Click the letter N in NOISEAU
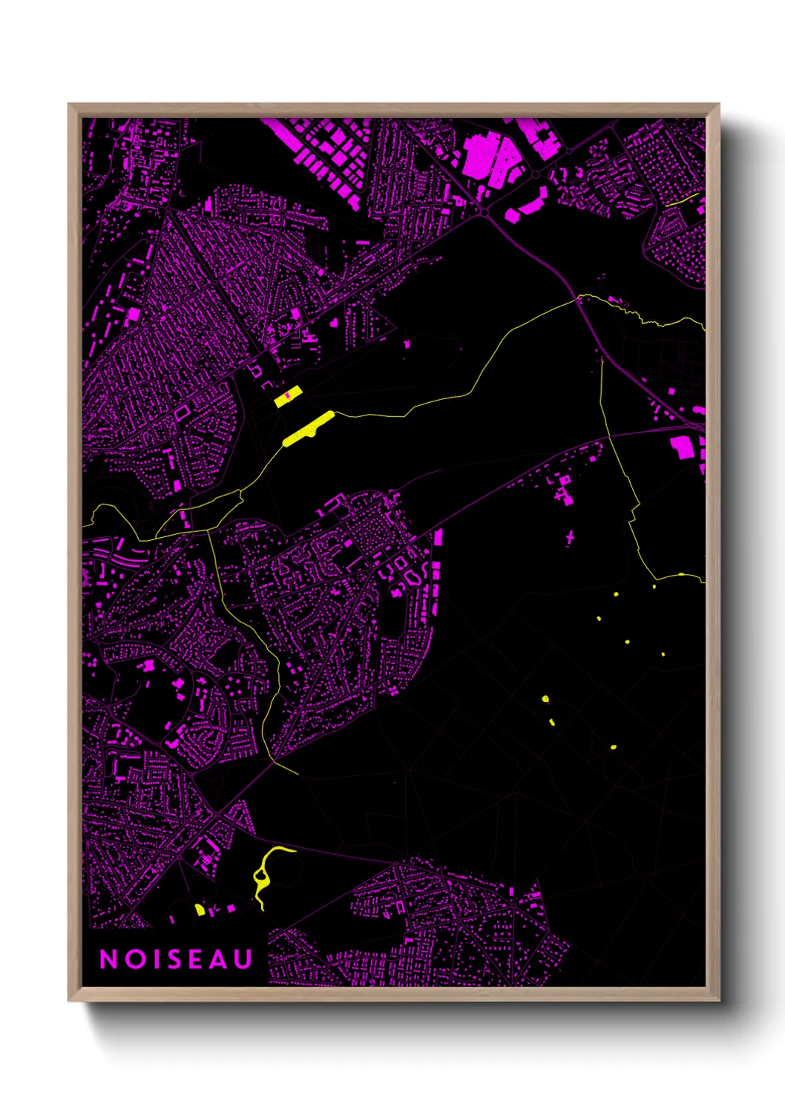pyautogui.click(x=108, y=959)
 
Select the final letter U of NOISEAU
pyautogui.click(x=243, y=959)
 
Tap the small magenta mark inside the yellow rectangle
pyautogui.click(x=287, y=395)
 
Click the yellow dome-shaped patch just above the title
pyautogui.click(x=200, y=910)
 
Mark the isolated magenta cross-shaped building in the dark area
pyautogui.click(x=570, y=536)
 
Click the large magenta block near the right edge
pyautogui.click(x=682, y=447)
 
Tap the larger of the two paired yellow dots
pyautogui.click(x=545, y=699)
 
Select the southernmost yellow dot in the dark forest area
pyautogui.click(x=613, y=747)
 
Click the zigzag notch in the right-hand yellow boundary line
pyautogui.click(x=634, y=512)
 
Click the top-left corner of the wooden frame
pyautogui.click(x=69, y=105)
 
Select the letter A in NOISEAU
pyautogui.click(x=220, y=959)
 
